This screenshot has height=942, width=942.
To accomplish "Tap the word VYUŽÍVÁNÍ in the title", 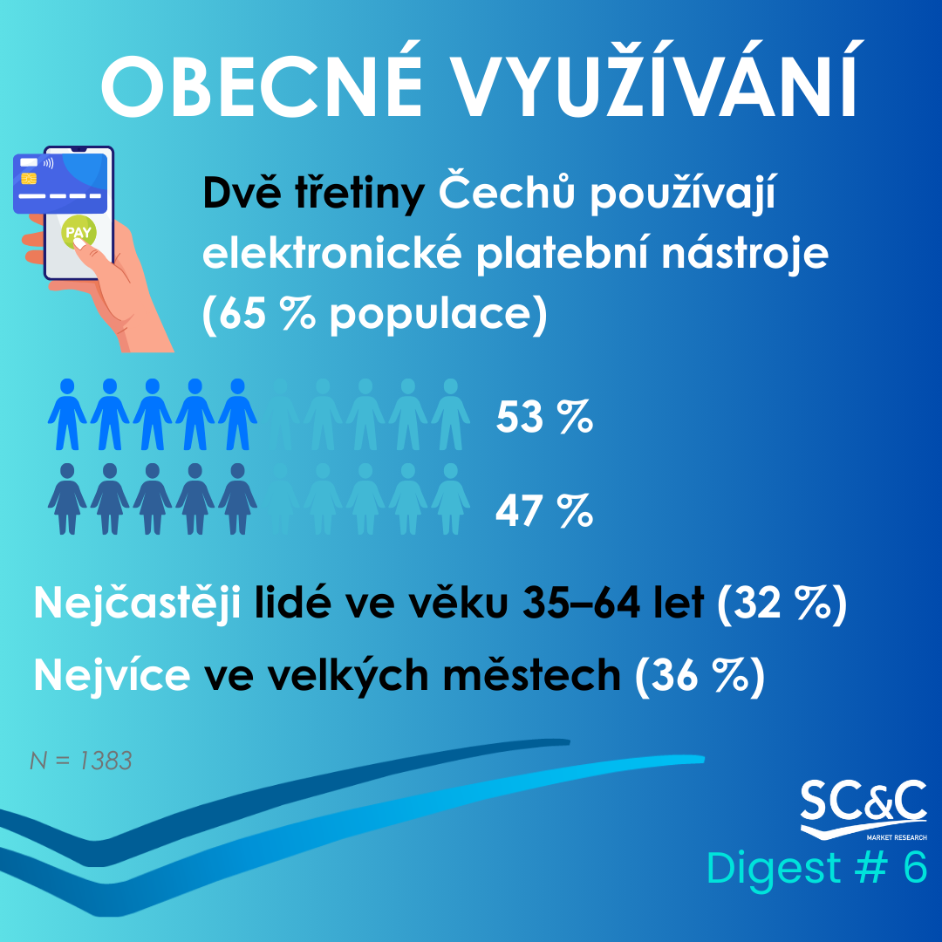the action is (656, 79).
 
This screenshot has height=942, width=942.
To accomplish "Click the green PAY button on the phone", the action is (78, 232).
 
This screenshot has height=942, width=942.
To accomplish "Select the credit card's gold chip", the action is (28, 179).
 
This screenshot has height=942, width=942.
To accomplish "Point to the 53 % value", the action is (544, 416).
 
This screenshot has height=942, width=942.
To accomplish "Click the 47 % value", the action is (544, 510).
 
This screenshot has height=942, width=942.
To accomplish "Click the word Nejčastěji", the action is (137, 604).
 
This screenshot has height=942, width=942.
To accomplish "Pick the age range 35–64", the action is (581, 603).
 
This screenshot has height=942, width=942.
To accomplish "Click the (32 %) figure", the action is (782, 604).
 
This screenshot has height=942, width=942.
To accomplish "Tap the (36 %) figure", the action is (700, 676).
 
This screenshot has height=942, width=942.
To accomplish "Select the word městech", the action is (532, 675).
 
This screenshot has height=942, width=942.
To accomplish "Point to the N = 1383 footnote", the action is (80, 761).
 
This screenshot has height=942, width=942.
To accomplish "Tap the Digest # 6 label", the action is (817, 868).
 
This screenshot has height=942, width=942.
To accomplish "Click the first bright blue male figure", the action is (67, 414).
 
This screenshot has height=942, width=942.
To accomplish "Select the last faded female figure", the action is (451, 499).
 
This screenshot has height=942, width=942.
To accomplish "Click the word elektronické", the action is (331, 254).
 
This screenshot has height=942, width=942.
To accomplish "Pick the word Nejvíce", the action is (112, 675).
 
